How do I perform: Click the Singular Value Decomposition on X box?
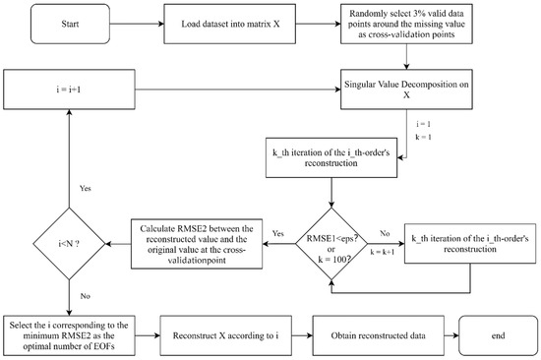tap(448, 95)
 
